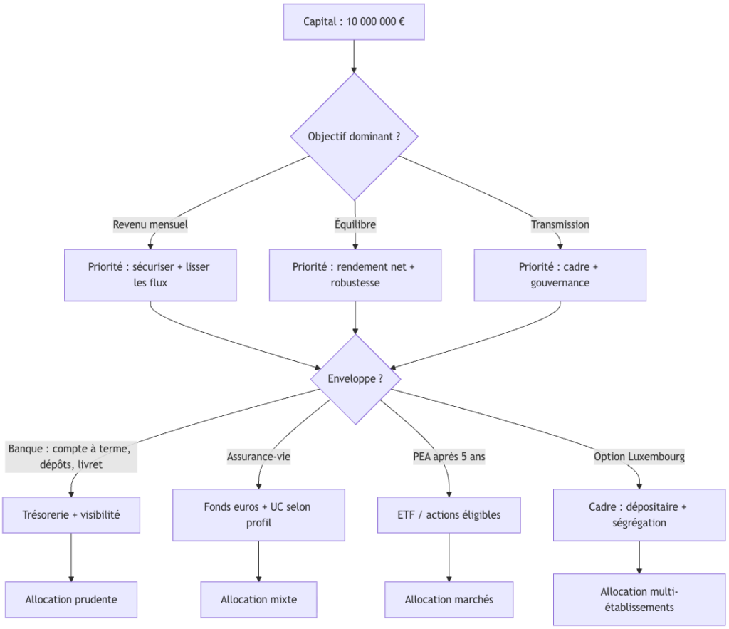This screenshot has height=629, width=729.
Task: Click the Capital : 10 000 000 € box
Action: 354,21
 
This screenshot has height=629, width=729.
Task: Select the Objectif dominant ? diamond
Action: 354,136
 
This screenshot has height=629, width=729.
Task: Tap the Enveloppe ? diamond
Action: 355,378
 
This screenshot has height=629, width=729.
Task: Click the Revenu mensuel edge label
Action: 150,224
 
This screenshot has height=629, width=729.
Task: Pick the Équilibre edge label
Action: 355,224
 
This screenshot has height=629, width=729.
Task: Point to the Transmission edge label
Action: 560,224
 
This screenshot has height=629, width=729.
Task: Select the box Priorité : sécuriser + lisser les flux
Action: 150,275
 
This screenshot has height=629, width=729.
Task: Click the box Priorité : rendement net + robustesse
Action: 355,275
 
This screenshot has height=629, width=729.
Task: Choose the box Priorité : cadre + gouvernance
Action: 560,275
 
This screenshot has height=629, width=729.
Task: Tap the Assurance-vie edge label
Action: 258,457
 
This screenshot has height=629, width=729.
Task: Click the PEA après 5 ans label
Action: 449,457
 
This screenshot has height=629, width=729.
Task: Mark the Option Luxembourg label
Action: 639,457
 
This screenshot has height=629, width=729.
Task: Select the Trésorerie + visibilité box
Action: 71,514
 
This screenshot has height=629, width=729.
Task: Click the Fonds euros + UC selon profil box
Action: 258,514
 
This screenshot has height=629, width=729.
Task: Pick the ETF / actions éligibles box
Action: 449,514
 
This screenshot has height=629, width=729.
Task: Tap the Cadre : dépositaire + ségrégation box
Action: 639,514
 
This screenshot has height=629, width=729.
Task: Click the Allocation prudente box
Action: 71,599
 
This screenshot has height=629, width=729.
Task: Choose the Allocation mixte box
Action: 258,599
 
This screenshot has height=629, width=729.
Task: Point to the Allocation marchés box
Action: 449,599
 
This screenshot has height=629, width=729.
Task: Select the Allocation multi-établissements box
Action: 639,599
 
